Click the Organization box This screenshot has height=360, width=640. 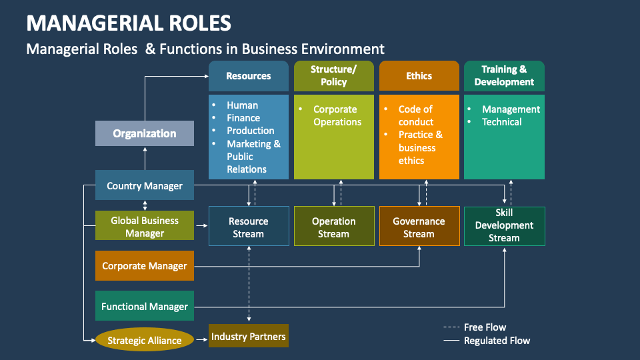(x=145, y=133)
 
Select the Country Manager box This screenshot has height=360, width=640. (x=145, y=186)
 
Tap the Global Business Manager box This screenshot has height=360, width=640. (x=145, y=227)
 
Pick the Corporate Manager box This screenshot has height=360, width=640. (x=145, y=266)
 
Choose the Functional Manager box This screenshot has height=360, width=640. (x=145, y=307)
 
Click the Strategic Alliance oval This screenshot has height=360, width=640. (x=145, y=341)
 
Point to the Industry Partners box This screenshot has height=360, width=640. (x=249, y=337)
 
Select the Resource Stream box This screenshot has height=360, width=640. (x=249, y=227)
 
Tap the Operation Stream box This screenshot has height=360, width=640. (x=334, y=227)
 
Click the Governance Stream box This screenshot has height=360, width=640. (x=419, y=227)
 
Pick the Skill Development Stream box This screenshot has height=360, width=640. (x=504, y=226)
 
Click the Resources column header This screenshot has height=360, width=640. (x=249, y=76)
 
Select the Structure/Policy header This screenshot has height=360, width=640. (x=334, y=76)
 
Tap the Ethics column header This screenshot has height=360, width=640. (x=419, y=76)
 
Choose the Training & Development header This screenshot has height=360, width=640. (x=504, y=76)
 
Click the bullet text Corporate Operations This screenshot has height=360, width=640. (x=337, y=115)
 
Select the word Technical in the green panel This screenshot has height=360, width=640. (x=502, y=122)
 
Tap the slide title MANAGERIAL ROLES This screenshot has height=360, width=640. (x=129, y=23)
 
